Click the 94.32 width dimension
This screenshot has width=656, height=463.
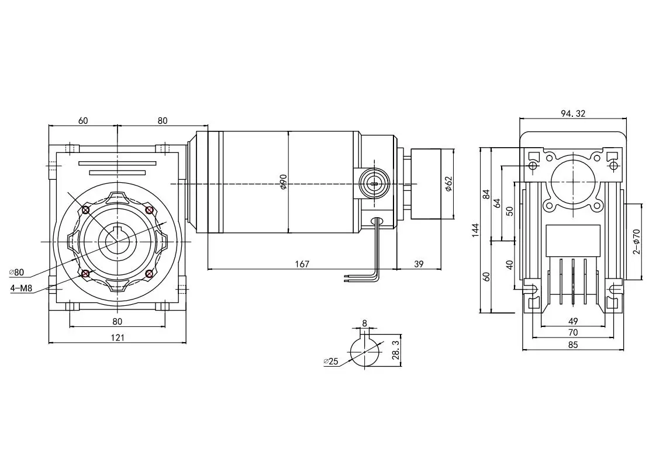pyautogui.click(x=572, y=114)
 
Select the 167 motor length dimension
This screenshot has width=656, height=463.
pyautogui.click(x=302, y=264)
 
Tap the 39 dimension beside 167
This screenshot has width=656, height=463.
pyautogui.click(x=419, y=264)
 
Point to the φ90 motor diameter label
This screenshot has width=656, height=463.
pyautogui.click(x=283, y=183)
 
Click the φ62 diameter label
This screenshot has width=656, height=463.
pyautogui.click(x=448, y=183)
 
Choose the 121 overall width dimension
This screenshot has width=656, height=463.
pyautogui.click(x=118, y=337)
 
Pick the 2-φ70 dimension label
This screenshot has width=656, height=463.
pyautogui.click(x=637, y=241)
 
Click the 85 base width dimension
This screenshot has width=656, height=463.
pyautogui.click(x=572, y=345)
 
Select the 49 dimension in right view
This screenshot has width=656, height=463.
pyautogui.click(x=572, y=321)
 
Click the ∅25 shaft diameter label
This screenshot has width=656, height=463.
pyautogui.click(x=331, y=361)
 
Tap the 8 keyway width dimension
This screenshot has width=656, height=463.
pyautogui.click(x=365, y=323)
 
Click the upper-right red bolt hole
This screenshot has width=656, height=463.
pyautogui.click(x=149, y=210)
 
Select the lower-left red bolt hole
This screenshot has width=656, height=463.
pyautogui.click(x=86, y=273)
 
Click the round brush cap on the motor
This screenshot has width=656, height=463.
pyautogui.click(x=374, y=183)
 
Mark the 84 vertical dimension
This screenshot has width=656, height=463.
pyautogui.click(x=486, y=194)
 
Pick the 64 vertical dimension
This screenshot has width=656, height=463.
pyautogui.click(x=498, y=203)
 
